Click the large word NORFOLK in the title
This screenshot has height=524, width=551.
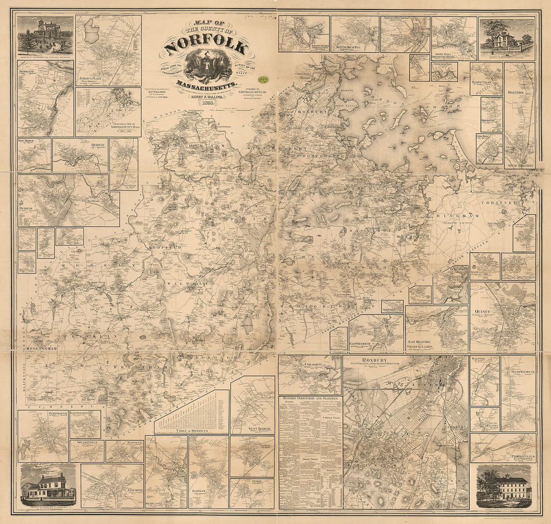[205, 46]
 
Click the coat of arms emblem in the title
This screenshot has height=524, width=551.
[205, 66]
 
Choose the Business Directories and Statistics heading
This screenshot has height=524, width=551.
[310, 398]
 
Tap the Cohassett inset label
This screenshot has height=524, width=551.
[312, 365]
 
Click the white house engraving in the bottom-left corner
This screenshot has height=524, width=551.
[48, 486]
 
